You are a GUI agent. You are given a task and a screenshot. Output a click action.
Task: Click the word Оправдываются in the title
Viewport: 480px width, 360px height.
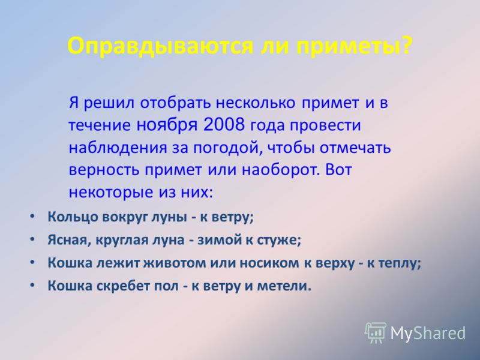tap(160, 47)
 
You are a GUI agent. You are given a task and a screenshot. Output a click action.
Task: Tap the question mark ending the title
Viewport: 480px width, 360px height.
tap(405, 46)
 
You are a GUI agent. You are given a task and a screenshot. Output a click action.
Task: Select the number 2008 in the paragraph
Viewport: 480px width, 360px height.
tap(224, 124)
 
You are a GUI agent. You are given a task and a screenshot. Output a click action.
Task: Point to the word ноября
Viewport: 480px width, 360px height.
tap(167, 126)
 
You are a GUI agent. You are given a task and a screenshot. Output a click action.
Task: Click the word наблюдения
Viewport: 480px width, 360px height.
tap(118, 148)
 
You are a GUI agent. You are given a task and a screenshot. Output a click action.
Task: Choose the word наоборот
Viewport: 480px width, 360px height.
tap(278, 169)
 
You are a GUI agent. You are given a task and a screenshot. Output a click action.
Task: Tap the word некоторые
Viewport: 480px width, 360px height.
tap(111, 193)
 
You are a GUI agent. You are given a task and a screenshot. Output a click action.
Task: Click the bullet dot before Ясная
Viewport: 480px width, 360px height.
tap(32, 239)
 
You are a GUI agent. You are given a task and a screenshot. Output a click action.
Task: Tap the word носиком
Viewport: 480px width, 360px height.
tap(269, 263)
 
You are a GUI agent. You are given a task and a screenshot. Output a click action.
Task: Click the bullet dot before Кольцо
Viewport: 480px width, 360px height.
tap(32, 216)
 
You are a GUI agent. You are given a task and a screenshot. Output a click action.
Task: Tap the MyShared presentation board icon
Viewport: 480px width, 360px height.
tap(376, 333)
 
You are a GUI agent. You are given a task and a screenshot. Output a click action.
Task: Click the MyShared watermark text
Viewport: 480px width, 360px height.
tap(428, 333)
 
